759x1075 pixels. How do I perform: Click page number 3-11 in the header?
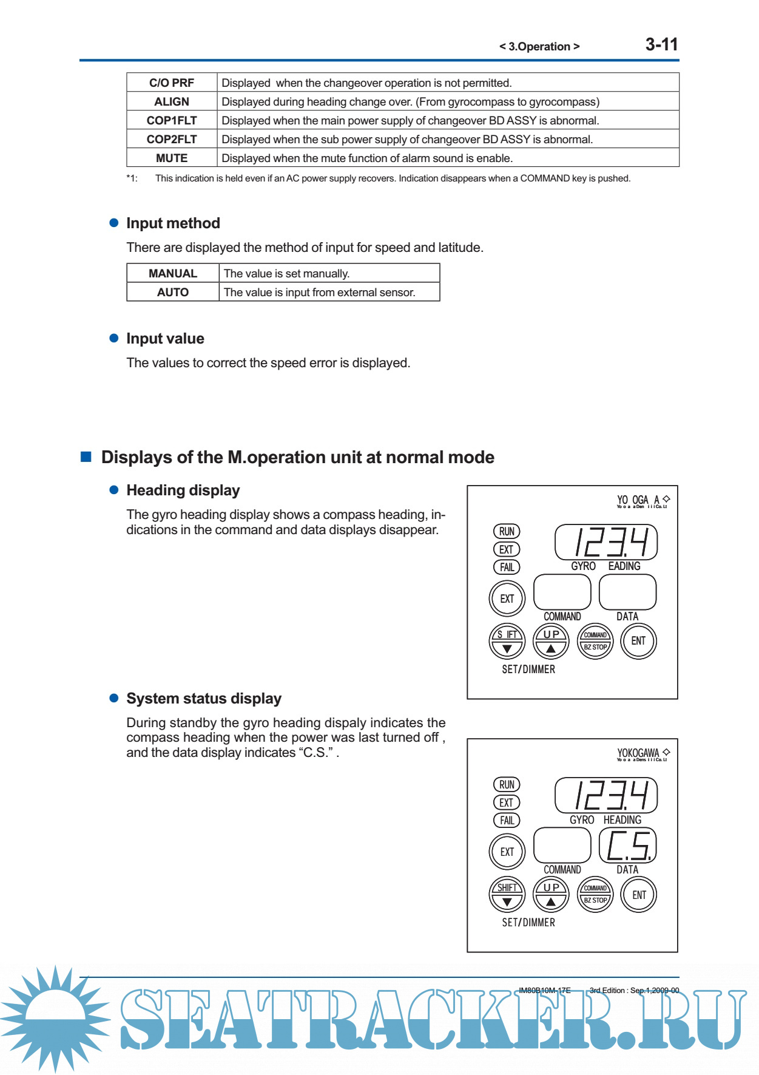pyautogui.click(x=661, y=44)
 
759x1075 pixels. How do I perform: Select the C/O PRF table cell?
pyautogui.click(x=172, y=83)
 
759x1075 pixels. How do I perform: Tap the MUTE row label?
pyautogui.click(x=172, y=158)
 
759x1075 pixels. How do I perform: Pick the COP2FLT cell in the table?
pyautogui.click(x=172, y=139)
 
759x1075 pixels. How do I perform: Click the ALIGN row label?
pyautogui.click(x=172, y=101)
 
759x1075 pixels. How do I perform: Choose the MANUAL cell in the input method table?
pyautogui.click(x=173, y=273)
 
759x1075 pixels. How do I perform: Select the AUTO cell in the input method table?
pyautogui.click(x=173, y=292)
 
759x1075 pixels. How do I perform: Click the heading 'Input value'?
pyautogui.click(x=165, y=339)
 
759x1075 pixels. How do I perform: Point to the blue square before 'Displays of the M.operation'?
pyautogui.click(x=86, y=456)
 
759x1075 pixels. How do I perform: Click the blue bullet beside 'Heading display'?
pyautogui.click(x=113, y=490)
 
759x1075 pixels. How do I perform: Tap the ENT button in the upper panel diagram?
pyautogui.click(x=638, y=641)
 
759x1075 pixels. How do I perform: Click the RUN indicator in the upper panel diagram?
pyautogui.click(x=507, y=531)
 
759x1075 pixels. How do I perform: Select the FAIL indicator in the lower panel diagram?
pyautogui.click(x=507, y=820)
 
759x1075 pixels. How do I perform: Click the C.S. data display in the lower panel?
pyautogui.click(x=627, y=845)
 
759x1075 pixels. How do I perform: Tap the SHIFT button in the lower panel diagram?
pyautogui.click(x=507, y=894)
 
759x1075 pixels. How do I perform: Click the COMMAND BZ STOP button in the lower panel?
pyautogui.click(x=595, y=894)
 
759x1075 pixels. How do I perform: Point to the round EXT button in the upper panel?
pyautogui.click(x=507, y=599)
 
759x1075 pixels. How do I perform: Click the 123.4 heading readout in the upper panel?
pyautogui.click(x=606, y=542)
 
